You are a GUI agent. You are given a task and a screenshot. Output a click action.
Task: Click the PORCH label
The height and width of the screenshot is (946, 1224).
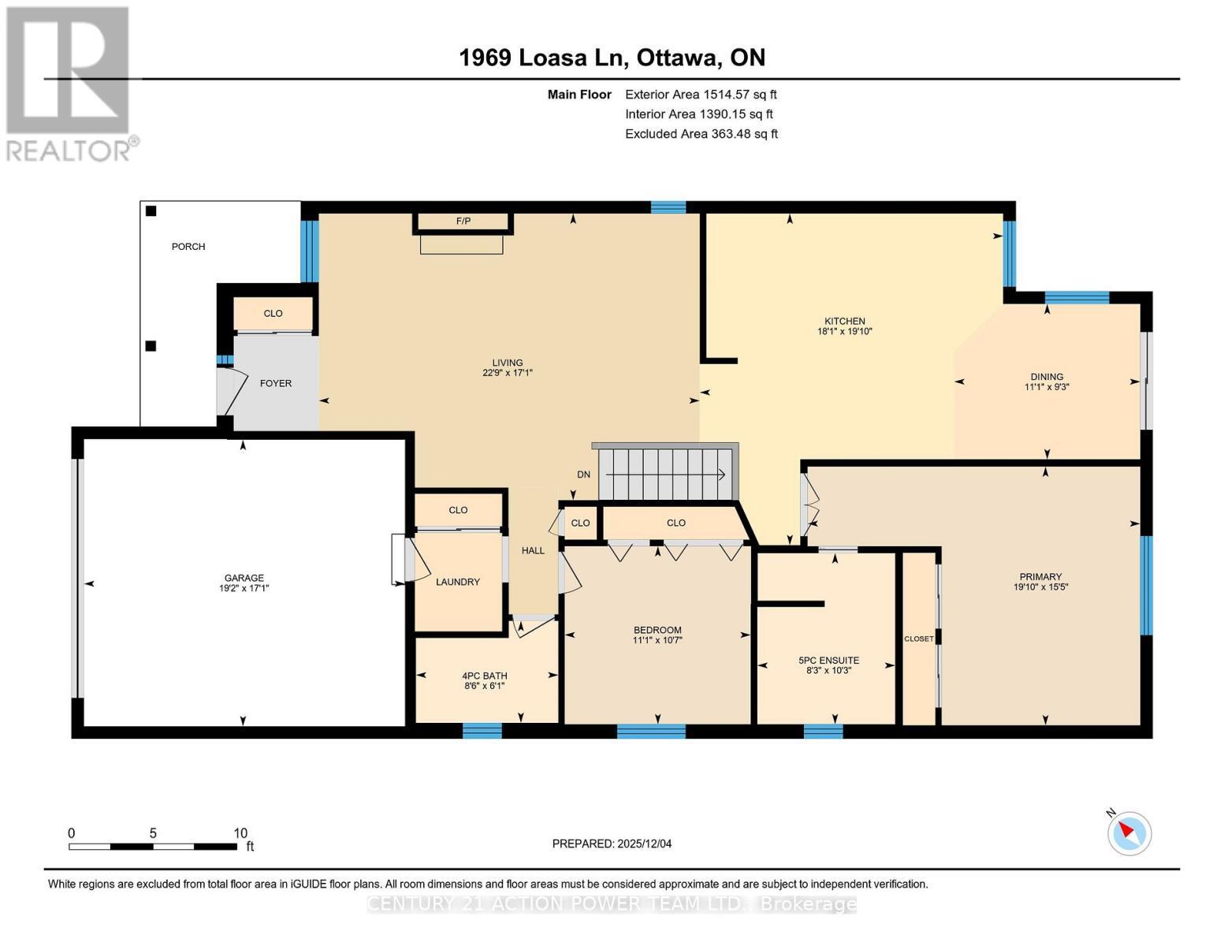[188, 247]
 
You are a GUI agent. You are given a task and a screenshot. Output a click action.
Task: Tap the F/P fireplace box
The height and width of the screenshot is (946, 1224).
[463, 222]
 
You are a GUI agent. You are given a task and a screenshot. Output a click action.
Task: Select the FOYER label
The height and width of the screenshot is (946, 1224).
[276, 384]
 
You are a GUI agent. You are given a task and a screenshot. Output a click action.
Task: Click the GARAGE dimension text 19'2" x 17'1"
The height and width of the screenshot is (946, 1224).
[244, 588]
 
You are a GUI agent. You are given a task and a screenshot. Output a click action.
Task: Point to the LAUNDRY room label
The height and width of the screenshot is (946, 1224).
[458, 582]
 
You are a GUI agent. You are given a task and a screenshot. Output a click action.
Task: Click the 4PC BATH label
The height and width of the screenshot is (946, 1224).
[485, 676]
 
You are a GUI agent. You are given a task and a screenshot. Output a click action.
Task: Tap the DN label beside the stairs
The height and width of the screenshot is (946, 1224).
[583, 475]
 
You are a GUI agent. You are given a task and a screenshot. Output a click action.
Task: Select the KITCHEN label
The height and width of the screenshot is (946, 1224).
[845, 321]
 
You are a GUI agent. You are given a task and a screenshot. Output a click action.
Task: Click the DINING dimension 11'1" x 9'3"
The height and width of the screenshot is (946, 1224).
[1047, 387]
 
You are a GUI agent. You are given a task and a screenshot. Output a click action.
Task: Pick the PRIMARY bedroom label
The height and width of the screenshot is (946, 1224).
[1040, 576]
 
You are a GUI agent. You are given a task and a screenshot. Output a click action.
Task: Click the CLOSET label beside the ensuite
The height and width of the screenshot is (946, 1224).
[918, 639]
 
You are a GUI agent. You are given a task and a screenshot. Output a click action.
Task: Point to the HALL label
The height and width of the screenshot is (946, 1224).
[533, 550]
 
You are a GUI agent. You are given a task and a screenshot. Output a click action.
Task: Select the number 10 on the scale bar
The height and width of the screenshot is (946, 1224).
[240, 832]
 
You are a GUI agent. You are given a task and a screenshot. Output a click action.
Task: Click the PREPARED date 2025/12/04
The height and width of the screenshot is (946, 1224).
[644, 844]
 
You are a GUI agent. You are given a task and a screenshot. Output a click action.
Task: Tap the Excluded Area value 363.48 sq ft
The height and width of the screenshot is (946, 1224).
[744, 134]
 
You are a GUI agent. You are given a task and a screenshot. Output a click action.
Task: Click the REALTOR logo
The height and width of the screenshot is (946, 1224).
[69, 83]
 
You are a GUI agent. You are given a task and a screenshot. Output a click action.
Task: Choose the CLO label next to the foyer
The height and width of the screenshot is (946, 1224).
[273, 314]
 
